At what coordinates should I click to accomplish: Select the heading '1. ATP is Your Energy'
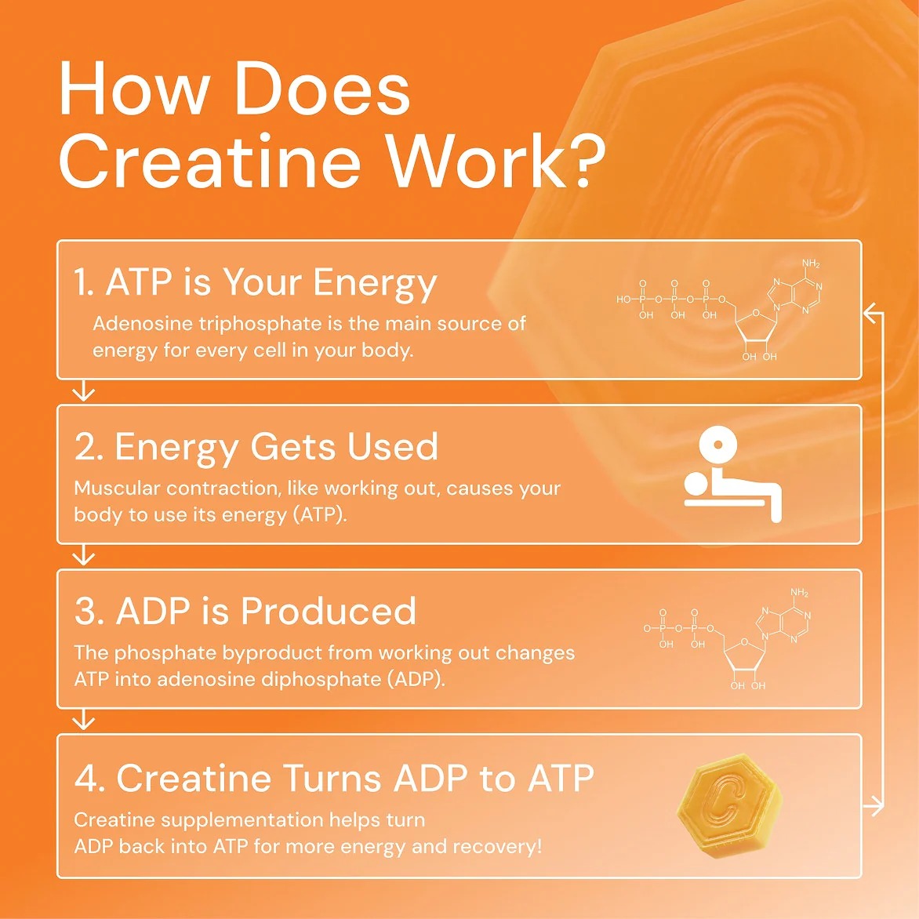256,282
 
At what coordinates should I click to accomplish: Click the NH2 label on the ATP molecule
811,264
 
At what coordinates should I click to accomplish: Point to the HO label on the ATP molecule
624,300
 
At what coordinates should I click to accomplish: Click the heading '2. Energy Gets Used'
256,447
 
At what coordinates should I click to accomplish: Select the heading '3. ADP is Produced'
245,612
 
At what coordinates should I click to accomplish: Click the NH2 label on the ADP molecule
799,594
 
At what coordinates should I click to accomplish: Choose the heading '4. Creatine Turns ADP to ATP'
334,779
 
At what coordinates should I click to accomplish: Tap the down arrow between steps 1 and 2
83,391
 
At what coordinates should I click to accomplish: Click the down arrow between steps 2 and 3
83,556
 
